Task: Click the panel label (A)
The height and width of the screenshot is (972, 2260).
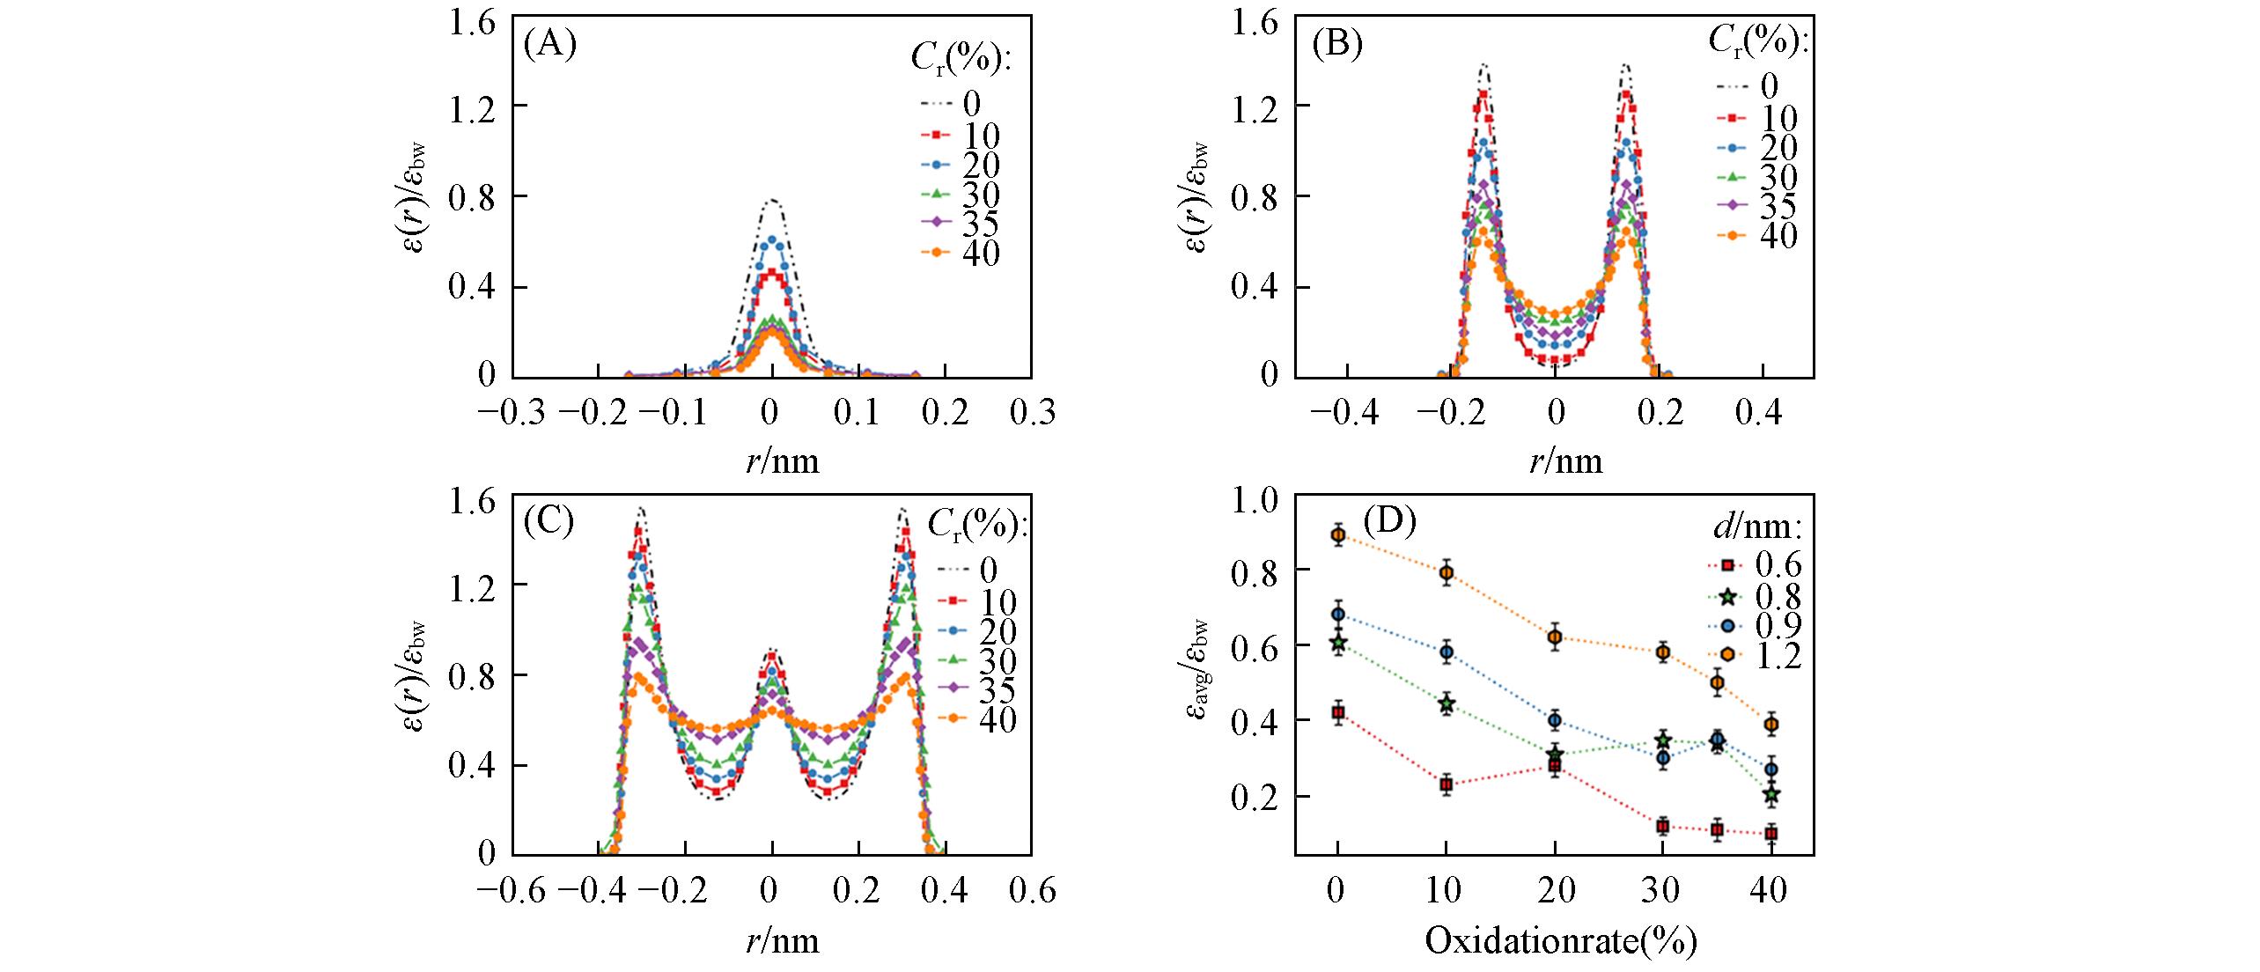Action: pyautogui.click(x=549, y=44)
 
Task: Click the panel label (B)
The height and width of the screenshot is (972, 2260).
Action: pyautogui.click(x=1337, y=44)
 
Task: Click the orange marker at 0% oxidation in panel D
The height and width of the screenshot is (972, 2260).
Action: pyautogui.click(x=1338, y=534)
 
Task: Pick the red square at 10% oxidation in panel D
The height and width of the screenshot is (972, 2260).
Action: pyautogui.click(x=1446, y=784)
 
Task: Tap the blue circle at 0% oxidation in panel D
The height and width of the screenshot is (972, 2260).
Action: pyautogui.click(x=1338, y=614)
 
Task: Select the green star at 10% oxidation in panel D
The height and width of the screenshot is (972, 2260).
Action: pyautogui.click(x=1446, y=704)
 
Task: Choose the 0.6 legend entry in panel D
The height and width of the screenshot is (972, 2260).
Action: pyautogui.click(x=1761, y=563)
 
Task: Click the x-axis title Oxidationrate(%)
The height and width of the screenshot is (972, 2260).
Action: pyautogui.click(x=1560, y=941)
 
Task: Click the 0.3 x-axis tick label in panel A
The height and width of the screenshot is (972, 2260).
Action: pyautogui.click(x=1031, y=412)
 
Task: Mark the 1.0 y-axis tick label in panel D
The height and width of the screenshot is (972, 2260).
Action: pyautogui.click(x=1255, y=500)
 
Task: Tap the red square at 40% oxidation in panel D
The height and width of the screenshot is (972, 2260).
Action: pyautogui.click(x=1770, y=833)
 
